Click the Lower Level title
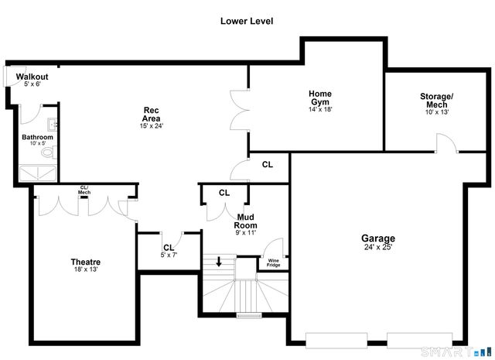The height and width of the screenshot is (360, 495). pos(247,21)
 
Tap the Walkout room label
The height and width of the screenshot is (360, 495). pos(32,77)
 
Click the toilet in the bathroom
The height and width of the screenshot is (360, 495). pos(47,153)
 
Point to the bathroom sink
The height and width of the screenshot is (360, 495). pos(51,124)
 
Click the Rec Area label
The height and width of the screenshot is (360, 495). pos(151,114)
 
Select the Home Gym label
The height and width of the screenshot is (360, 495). pos(320,98)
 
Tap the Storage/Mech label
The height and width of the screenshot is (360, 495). pos(437,101)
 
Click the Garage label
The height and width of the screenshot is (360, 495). pos(378,238)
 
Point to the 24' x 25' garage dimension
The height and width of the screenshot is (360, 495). pos(378,248)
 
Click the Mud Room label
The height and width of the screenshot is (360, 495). pos(245,221)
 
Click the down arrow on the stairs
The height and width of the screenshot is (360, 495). pos(219,262)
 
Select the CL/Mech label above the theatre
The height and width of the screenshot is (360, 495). pos(84,190)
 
